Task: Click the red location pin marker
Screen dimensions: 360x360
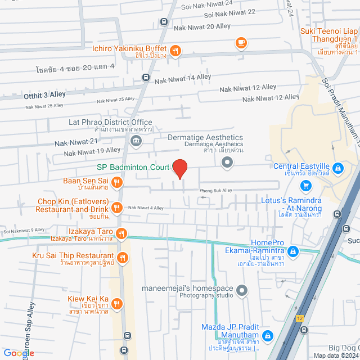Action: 179,169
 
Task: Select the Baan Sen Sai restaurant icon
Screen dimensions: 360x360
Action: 117,181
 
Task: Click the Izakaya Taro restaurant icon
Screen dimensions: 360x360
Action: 121,233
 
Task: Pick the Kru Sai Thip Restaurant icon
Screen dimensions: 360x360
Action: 123,258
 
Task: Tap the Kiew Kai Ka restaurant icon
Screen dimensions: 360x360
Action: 117,303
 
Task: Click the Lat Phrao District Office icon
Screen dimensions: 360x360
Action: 135,139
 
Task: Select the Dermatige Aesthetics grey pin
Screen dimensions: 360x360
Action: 227,163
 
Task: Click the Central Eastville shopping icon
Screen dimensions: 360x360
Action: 337,168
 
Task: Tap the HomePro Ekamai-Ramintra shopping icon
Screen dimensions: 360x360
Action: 293,250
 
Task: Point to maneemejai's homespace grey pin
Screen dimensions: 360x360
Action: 242,291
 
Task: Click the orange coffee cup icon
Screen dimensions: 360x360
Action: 241,42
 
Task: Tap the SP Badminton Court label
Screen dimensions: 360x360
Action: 132,167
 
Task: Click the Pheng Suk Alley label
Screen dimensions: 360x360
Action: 216,191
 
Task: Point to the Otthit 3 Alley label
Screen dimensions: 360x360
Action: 44,94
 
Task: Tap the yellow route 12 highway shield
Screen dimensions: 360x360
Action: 300,318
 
